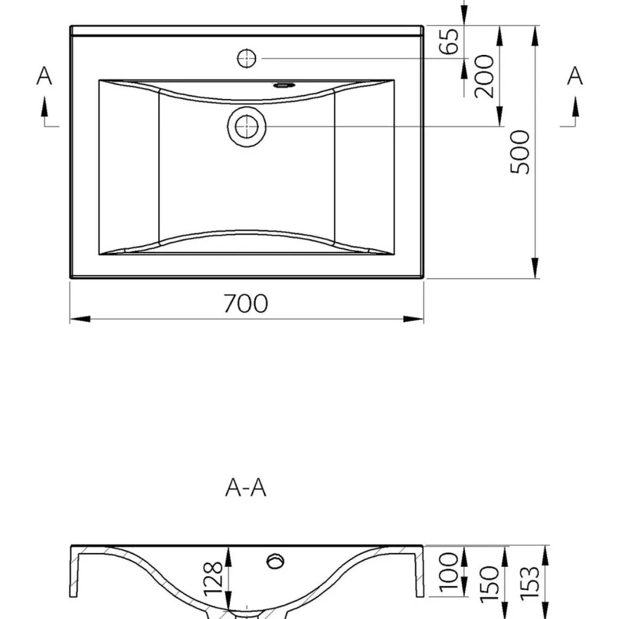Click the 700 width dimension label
(245, 303)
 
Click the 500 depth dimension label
(520, 152)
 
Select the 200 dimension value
(485, 76)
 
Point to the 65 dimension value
(449, 41)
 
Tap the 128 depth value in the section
(213, 577)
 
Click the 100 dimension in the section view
(449, 572)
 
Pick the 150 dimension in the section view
(490, 585)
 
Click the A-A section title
(245, 487)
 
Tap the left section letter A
(44, 75)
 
